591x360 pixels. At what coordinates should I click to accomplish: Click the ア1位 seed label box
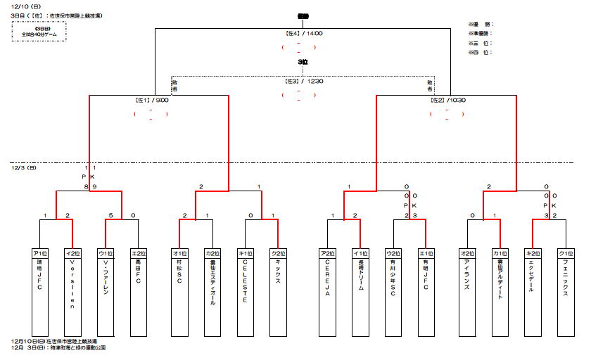(x=40, y=252)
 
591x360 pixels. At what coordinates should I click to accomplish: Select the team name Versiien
(x=72, y=284)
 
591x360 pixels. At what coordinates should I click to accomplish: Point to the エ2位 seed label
(x=139, y=252)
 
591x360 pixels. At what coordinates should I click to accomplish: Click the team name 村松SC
(x=179, y=270)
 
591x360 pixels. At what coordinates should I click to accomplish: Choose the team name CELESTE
(x=246, y=280)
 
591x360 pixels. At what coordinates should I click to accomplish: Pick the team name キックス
(x=279, y=271)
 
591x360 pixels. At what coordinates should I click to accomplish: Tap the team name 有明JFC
(x=426, y=275)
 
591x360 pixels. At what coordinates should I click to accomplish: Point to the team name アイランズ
(x=467, y=274)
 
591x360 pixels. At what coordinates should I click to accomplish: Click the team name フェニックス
(x=565, y=277)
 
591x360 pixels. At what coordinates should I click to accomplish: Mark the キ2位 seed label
(x=533, y=252)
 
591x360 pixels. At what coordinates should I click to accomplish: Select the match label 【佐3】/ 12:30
(x=303, y=82)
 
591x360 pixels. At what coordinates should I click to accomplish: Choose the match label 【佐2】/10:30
(x=447, y=100)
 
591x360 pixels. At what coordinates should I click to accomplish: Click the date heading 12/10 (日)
(x=27, y=6)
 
